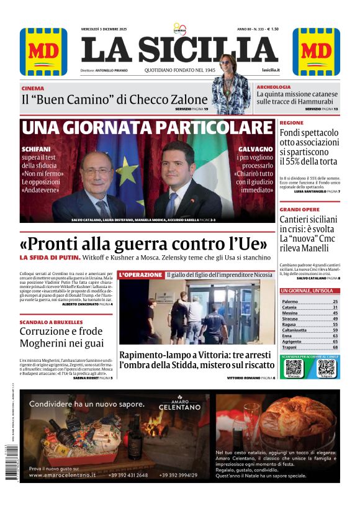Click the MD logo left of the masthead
click(43, 52)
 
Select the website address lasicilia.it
click(271, 71)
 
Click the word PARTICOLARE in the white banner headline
click(207, 129)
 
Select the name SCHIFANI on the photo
click(36, 150)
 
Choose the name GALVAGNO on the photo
click(255, 150)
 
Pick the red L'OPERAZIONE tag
click(141, 274)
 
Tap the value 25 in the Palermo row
click(335, 301)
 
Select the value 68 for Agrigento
click(335, 341)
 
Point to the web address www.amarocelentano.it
click(62, 475)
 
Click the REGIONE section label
click(292, 123)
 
